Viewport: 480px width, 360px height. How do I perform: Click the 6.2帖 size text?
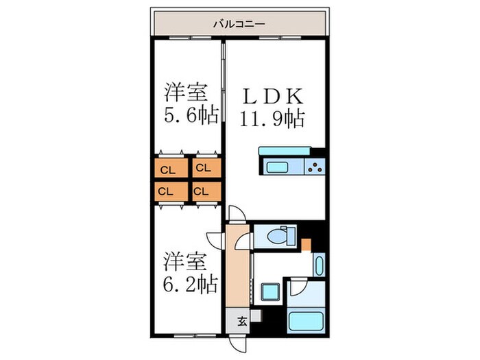[191, 282]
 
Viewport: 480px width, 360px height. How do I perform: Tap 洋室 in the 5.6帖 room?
[185, 92]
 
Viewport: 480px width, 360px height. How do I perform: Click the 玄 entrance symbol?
[242, 320]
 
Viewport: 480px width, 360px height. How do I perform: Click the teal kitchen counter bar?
[283, 151]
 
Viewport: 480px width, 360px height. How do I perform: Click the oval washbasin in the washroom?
[318, 265]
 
